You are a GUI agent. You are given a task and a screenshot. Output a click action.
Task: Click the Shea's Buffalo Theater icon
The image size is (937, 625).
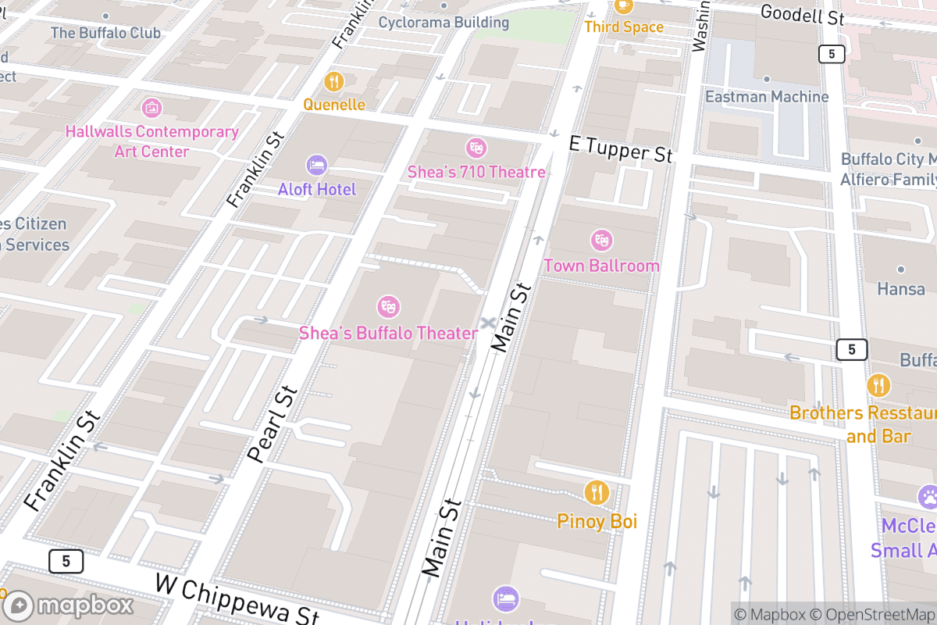point(388,307)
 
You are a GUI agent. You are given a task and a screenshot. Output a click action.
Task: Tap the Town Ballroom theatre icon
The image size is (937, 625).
point(601,240)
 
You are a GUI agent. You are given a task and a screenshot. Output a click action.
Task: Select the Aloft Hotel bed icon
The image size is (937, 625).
point(317,165)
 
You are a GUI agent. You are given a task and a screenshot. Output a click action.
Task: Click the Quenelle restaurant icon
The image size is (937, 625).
point(334,81)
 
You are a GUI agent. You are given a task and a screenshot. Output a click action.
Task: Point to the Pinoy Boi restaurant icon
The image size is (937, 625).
point(597,492)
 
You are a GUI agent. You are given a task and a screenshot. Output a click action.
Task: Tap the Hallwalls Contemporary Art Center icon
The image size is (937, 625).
point(152,107)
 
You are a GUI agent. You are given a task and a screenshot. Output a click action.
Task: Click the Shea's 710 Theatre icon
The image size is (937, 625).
point(476,147)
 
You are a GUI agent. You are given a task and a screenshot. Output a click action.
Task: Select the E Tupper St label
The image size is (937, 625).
point(621,148)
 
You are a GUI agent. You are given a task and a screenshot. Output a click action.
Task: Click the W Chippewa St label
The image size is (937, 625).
point(237,599)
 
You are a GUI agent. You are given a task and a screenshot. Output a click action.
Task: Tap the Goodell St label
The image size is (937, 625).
point(801,14)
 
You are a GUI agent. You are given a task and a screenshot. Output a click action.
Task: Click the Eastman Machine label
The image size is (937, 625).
point(767,97)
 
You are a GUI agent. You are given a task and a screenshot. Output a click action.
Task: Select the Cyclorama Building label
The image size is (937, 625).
point(444,22)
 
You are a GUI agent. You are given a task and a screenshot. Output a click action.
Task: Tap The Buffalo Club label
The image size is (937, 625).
point(105,33)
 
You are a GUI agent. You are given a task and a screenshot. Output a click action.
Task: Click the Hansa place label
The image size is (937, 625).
point(901,289)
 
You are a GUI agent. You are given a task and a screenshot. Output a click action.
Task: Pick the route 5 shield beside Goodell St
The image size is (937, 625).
point(832,54)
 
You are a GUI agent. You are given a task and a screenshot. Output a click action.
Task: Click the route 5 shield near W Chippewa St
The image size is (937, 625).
point(66,560)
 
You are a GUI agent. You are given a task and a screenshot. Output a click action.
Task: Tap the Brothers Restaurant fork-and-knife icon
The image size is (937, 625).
point(878,385)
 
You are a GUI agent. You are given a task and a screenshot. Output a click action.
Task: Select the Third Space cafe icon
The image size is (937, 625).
point(623,5)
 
